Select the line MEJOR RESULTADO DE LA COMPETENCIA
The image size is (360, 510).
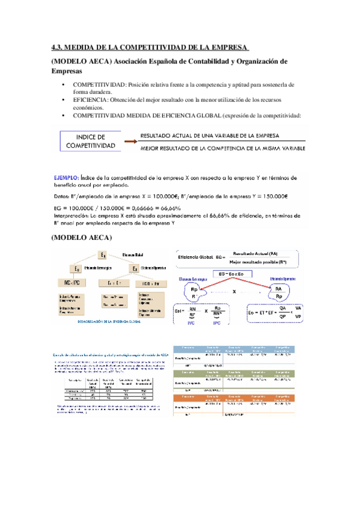[222, 148]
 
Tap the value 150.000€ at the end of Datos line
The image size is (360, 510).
[274, 195]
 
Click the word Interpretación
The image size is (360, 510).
[71, 216]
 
